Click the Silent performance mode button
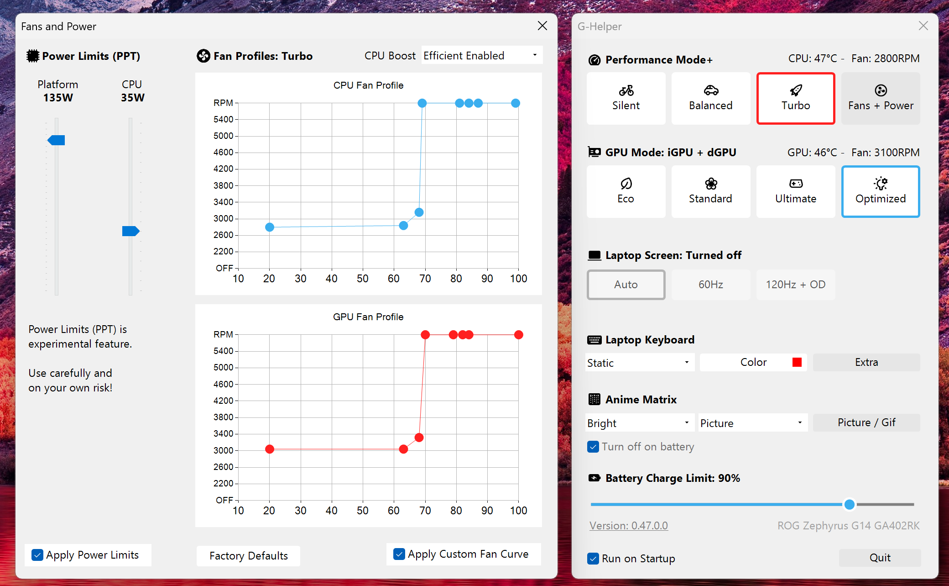[626, 98]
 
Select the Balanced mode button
[710, 98]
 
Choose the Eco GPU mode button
[626, 191]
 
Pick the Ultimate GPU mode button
[795, 191]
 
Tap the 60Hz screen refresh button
[710, 285]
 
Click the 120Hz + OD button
[795, 285]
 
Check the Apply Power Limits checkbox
[37, 555]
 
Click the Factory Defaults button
[248, 556]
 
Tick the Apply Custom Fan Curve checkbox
[399, 554]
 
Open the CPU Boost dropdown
[482, 56]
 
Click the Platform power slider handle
[57, 140]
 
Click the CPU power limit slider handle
[130, 231]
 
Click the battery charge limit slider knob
[849, 504]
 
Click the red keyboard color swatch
[797, 362]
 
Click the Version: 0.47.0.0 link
[628, 526]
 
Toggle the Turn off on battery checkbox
[593, 447]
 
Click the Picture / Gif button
[866, 422]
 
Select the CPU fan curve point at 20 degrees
[270, 227]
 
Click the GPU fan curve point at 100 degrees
[518, 335]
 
